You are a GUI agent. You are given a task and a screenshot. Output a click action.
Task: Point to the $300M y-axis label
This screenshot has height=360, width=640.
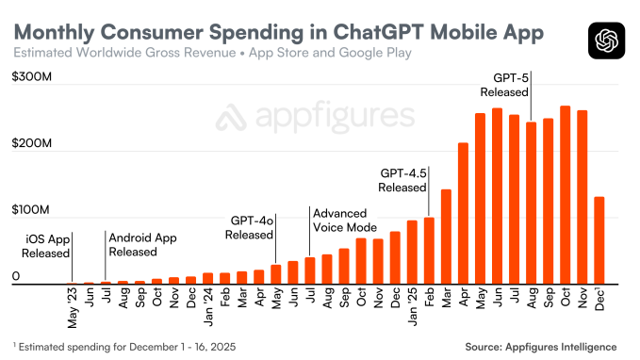coord(32,80)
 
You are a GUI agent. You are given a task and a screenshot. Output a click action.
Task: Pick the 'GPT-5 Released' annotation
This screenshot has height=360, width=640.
coord(504,84)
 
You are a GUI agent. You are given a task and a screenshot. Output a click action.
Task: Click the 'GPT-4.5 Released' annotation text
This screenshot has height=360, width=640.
coord(403,180)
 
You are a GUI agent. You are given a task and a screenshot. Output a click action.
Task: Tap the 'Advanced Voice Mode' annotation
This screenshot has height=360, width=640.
coord(344,221)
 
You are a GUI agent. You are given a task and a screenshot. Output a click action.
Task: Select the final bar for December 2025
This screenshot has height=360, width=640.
coord(599,239)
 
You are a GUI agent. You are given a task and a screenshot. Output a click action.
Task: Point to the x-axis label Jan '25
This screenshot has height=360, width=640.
coord(411,305)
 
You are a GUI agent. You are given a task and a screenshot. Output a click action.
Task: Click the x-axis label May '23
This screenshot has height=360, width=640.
coord(72,305)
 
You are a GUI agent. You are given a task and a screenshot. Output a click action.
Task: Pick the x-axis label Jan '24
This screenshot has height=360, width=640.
coord(207,305)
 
